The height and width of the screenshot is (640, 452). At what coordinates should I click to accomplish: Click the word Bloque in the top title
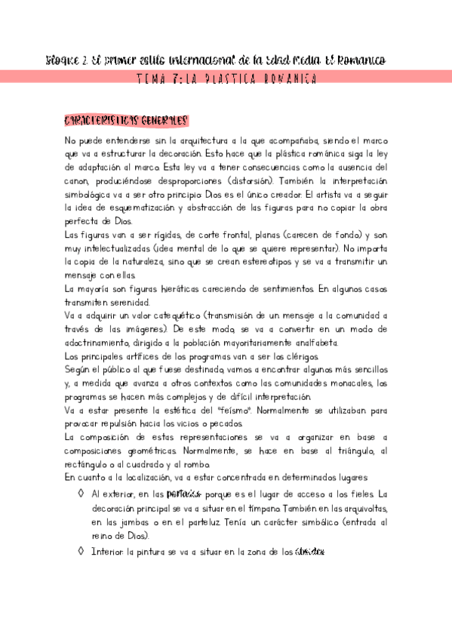point(61,59)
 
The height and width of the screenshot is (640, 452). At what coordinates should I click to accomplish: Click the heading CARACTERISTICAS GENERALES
point(126,121)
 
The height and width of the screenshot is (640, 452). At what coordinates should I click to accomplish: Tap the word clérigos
point(309,355)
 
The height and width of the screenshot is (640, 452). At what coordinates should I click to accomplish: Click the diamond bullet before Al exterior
point(81,494)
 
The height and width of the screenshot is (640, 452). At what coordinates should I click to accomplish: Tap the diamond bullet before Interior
point(81,552)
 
